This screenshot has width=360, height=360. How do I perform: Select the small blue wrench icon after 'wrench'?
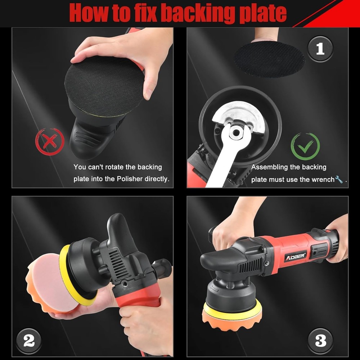pyautogui.click(x=339, y=179)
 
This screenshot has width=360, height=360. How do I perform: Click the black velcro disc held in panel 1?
pyautogui.click(x=269, y=59)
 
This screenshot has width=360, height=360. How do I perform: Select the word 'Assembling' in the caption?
pyautogui.click(x=270, y=167)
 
